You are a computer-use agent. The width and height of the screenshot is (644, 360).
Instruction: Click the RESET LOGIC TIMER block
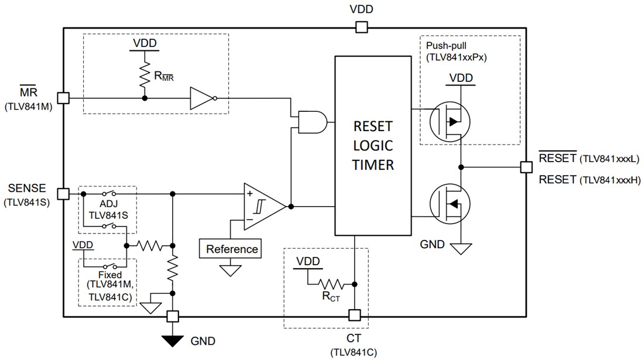click(372, 145)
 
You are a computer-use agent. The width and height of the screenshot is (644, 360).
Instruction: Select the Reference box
click(231, 249)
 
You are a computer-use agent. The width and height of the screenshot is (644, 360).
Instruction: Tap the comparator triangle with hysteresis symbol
click(264, 206)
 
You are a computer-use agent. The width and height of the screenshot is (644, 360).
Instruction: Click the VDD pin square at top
click(361, 27)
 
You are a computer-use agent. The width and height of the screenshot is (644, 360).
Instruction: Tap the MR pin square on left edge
click(63, 98)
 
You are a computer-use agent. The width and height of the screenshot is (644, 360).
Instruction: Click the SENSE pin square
click(63, 194)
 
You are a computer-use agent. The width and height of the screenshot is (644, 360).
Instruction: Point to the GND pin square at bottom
click(172, 316)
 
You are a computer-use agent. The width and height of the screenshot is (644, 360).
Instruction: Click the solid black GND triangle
click(172, 340)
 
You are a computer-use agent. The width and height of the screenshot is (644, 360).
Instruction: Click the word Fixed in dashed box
click(110, 275)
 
